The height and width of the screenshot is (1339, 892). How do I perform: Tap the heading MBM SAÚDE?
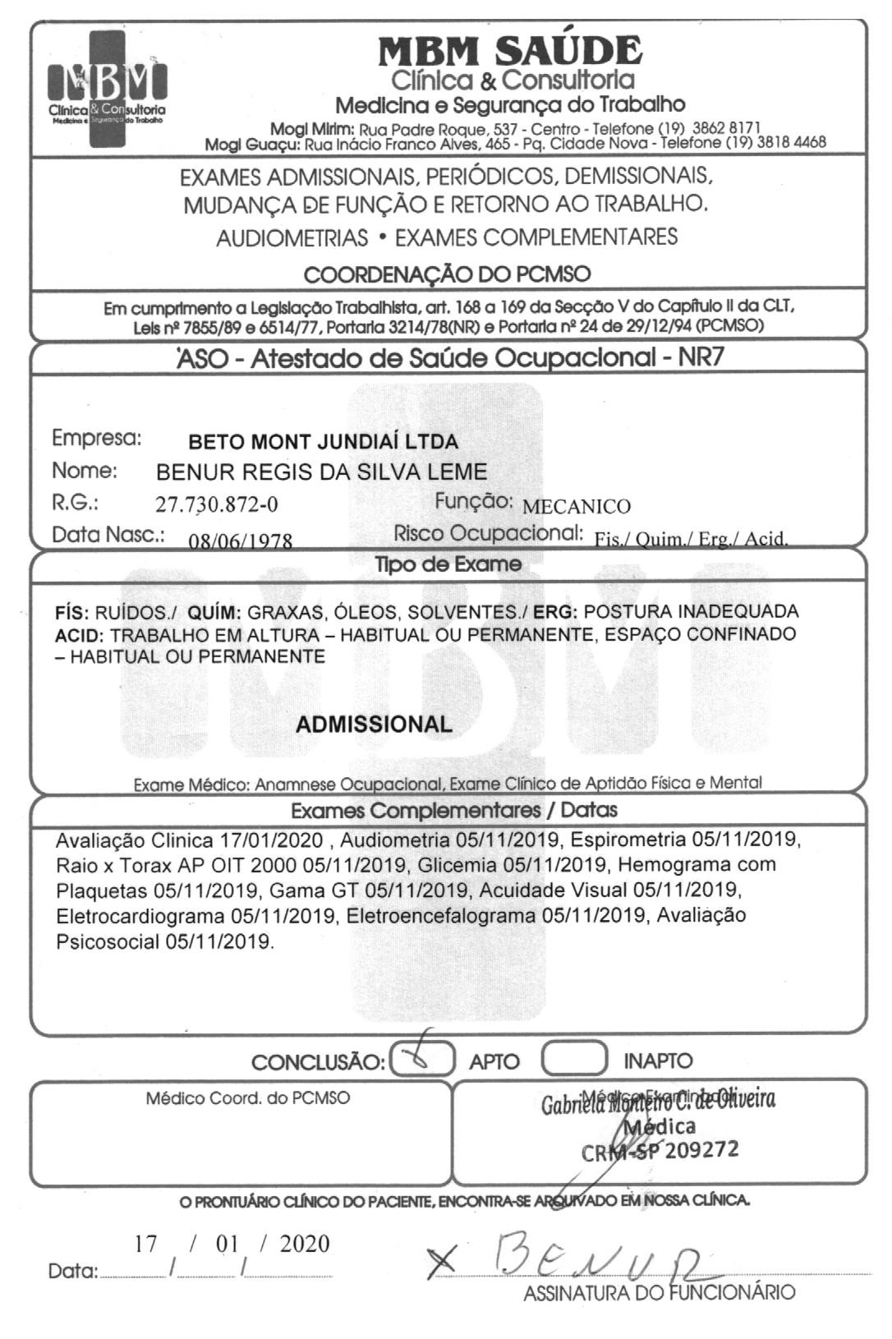click(509, 51)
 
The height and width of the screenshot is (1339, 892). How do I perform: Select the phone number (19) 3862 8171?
click(714, 128)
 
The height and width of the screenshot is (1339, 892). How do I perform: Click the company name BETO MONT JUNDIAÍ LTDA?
click(324, 442)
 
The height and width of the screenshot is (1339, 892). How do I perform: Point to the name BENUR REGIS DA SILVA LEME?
click(321, 472)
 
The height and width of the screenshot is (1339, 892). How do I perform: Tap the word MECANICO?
click(577, 506)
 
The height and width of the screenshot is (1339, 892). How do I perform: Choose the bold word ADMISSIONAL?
click(374, 725)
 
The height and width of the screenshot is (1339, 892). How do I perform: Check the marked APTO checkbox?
click(422, 1059)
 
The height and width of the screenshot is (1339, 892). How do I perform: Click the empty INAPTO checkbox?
click(574, 1059)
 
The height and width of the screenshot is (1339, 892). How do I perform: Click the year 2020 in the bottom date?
click(304, 1245)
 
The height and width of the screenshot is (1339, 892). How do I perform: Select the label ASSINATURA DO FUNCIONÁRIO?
click(660, 1293)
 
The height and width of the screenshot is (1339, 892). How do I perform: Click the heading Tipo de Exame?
click(448, 564)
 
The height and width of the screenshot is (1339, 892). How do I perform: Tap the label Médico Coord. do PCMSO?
click(247, 1097)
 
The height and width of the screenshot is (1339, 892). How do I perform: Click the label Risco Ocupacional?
click(488, 533)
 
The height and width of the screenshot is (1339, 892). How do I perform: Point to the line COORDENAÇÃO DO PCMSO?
click(447, 274)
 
